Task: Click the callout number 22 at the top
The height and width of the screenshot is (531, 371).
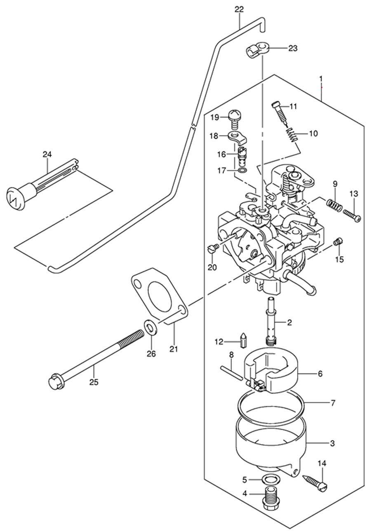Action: [x=239, y=10]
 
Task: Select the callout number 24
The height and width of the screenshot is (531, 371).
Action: [x=47, y=155]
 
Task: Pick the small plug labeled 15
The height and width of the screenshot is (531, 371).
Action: [x=337, y=242]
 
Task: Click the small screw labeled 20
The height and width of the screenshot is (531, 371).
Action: [x=214, y=247]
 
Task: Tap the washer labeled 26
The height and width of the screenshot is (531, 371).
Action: [x=150, y=329]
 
